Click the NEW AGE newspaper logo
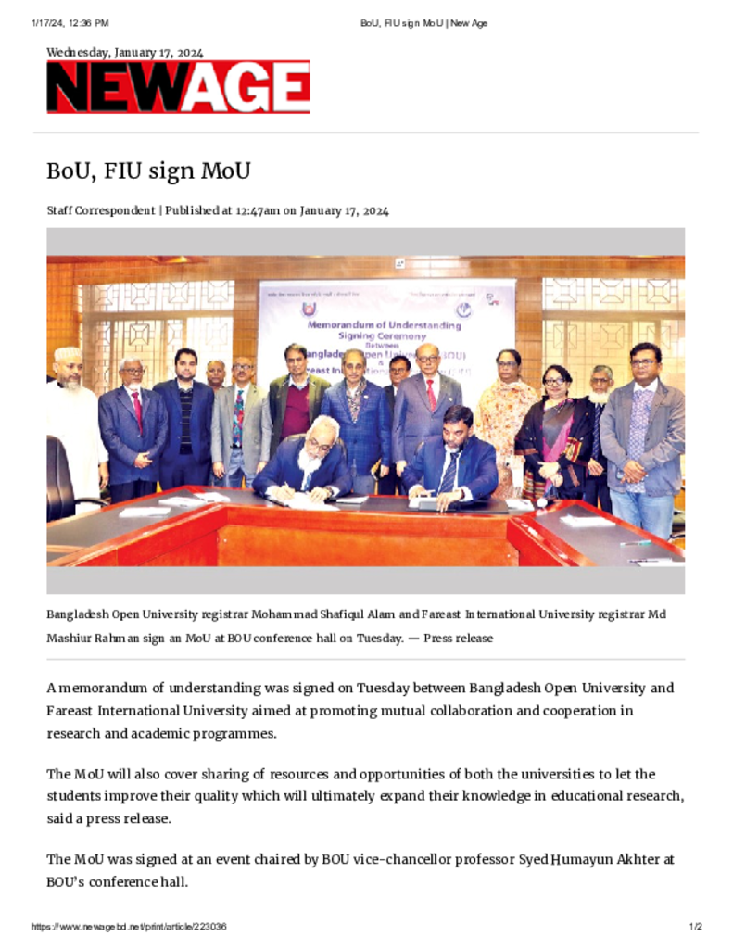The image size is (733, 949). click(178, 88)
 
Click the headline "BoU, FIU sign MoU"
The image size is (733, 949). click(149, 171)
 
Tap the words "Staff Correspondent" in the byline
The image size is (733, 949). click(101, 210)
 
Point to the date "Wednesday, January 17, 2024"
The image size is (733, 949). click(125, 53)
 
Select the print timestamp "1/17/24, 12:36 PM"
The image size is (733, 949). click(70, 22)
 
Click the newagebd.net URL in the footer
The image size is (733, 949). click(129, 927)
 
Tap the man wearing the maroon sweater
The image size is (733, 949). click(296, 399)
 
